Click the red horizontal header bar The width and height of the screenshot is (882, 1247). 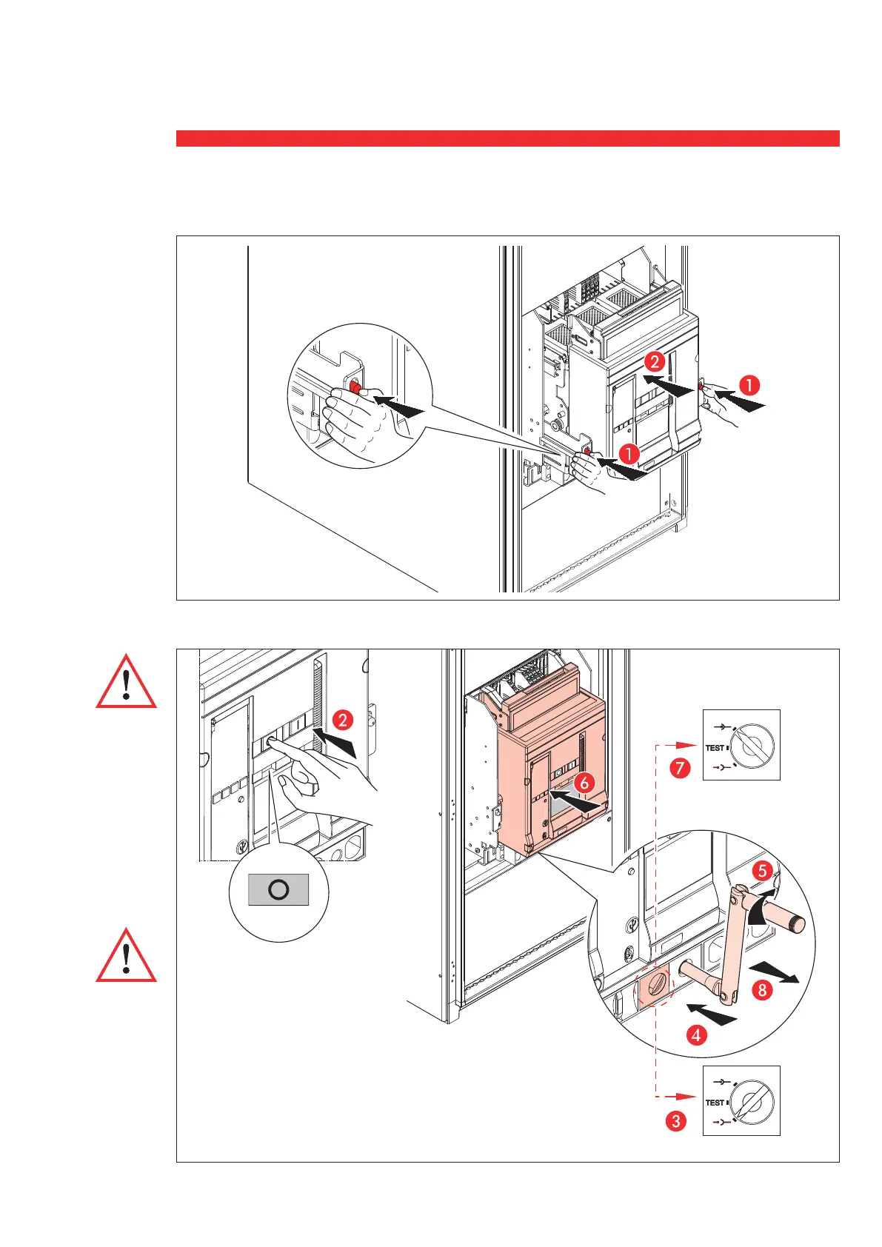click(507, 138)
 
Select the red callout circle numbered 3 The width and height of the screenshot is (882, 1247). click(675, 1121)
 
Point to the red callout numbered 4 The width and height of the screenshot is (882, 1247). click(696, 1034)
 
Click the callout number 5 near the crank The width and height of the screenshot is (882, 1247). click(762, 870)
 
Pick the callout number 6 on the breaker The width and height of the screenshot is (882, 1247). click(584, 781)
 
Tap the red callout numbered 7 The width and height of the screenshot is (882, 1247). click(679, 768)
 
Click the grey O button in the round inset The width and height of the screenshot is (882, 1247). click(278, 889)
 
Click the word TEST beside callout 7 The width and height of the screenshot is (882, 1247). click(715, 748)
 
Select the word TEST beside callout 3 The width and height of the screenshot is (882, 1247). click(715, 1103)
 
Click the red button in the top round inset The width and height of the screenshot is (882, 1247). click(354, 389)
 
